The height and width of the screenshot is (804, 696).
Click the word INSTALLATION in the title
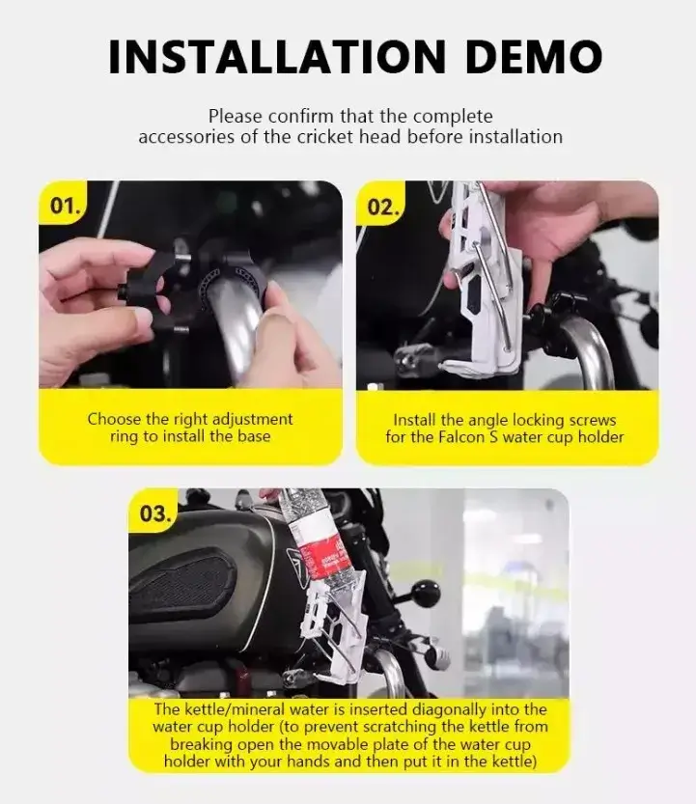(x=277, y=56)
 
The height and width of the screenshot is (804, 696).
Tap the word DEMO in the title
(x=534, y=56)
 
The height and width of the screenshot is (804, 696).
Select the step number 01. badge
(x=65, y=207)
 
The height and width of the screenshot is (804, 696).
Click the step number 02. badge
(x=382, y=208)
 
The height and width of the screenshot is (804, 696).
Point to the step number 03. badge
(x=154, y=513)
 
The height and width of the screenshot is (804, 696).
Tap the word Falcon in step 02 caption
(x=461, y=437)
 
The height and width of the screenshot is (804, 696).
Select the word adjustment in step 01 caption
(x=252, y=420)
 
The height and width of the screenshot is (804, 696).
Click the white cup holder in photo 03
(x=333, y=630)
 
